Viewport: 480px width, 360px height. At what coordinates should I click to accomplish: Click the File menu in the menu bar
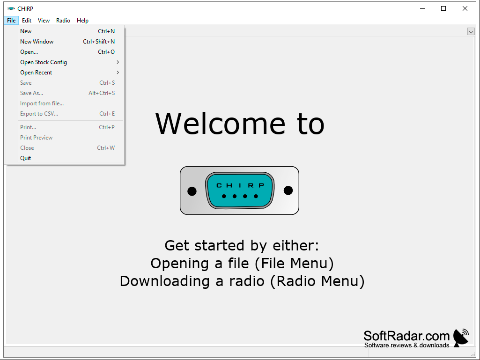point(11,21)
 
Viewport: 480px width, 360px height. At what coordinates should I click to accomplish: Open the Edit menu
point(27,21)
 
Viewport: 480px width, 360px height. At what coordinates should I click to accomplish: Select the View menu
point(44,21)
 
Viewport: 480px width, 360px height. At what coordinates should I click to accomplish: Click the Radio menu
point(63,21)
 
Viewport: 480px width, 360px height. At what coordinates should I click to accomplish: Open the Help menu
point(82,21)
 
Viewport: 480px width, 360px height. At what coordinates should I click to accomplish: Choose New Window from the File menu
point(37,42)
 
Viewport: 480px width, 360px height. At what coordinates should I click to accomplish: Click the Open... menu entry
point(29,52)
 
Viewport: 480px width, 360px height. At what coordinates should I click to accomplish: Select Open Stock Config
point(44,62)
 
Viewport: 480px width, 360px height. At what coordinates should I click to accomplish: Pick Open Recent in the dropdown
point(36,73)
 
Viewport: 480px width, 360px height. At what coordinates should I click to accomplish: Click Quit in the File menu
point(25,158)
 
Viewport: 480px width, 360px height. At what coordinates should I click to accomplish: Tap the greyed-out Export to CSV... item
point(39,114)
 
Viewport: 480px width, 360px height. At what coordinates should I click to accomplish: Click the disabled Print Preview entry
point(37,138)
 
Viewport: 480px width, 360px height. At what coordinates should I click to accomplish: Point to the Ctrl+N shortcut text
point(106,31)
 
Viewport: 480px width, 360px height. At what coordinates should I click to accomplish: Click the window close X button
point(465,8)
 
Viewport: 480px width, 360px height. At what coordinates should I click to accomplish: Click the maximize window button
point(443,8)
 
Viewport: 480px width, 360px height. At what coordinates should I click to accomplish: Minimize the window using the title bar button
point(422,8)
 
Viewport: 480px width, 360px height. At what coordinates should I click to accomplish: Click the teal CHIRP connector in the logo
point(240,191)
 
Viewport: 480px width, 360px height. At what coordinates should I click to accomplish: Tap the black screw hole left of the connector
point(192,191)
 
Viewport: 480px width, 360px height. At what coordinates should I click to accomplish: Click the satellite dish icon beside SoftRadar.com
point(461,338)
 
